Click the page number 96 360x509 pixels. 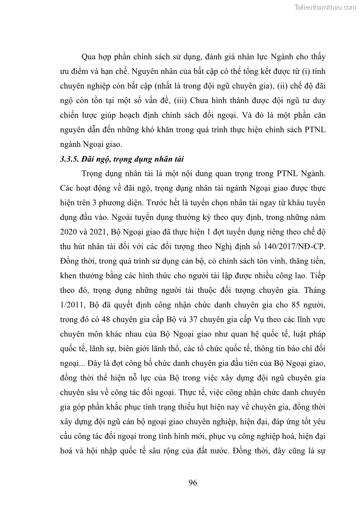tap(193, 482)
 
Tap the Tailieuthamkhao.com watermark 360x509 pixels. tap(325, 7)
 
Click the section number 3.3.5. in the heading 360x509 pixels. tap(70, 160)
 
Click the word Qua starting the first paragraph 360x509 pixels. tap(89, 58)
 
